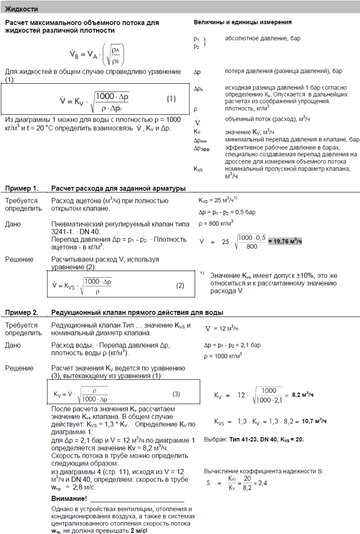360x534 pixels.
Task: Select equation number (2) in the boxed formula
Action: (x=180, y=285)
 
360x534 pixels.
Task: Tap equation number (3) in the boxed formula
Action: (x=176, y=394)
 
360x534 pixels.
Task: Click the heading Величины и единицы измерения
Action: (x=243, y=23)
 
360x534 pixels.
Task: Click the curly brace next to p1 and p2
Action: (x=205, y=42)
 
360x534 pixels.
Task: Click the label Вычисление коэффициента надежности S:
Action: (x=263, y=472)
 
